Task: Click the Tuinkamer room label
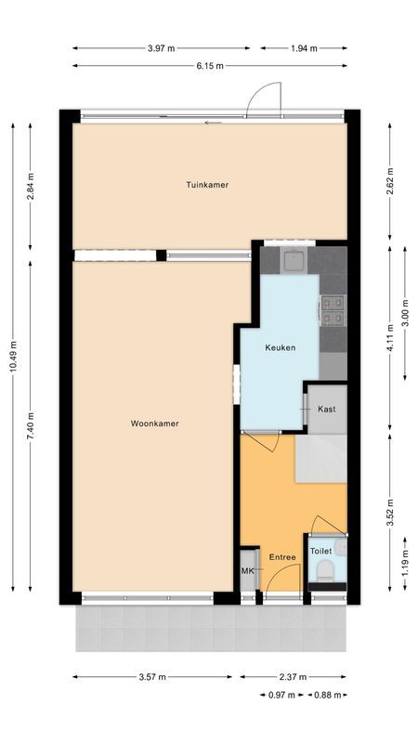tap(205, 185)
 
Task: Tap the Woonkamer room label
tap(154, 424)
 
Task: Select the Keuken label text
tap(280, 347)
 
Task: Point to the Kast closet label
tap(326, 409)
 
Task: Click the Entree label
tap(282, 557)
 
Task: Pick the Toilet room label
tap(320, 551)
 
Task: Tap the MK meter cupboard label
tap(248, 571)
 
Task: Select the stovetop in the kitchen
tap(333, 310)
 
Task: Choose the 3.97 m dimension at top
tap(162, 47)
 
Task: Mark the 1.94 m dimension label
tap(304, 47)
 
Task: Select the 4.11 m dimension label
tap(391, 337)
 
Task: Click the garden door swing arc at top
tap(267, 96)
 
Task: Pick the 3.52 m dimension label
tap(390, 510)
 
